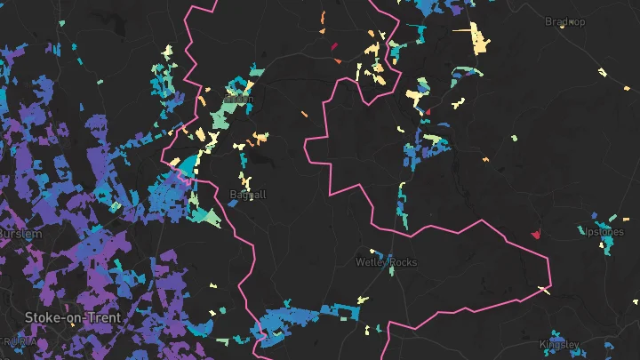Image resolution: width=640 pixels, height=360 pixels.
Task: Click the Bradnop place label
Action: coord(565,21)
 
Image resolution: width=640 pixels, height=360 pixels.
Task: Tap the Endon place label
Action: coord(241,98)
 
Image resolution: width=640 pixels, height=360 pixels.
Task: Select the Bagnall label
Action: coord(247,194)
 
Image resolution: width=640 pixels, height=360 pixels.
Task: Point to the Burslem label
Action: coord(18,233)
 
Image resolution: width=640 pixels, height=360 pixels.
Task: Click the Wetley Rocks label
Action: coord(385,262)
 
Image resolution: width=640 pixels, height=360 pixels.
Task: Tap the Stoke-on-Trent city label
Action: coord(73,316)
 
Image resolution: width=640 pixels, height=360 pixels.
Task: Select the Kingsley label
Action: coord(559,344)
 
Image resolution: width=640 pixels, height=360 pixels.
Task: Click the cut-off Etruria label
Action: coord(18,341)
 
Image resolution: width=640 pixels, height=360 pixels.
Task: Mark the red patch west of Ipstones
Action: coord(536,234)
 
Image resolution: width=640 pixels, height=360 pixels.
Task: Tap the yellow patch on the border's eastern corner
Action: coord(544,290)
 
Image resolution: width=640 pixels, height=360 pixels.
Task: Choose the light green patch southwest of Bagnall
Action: coord(210,216)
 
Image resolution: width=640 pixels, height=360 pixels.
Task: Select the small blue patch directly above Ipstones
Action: coord(595,216)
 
